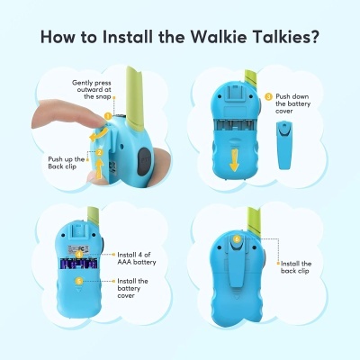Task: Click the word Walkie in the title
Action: coord(210,39)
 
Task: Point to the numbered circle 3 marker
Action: coord(267,96)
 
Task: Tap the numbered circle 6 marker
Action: coord(237,238)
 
